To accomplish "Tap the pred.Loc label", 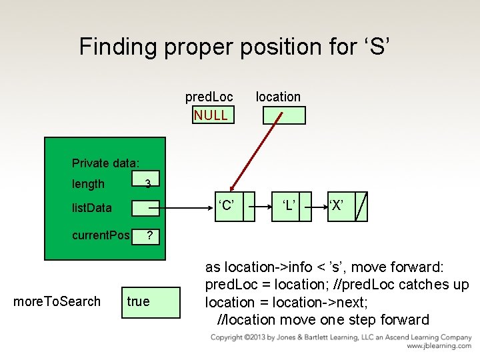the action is [x=209, y=97].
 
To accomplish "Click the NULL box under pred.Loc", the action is [x=211, y=115].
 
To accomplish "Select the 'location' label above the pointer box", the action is [x=278, y=97].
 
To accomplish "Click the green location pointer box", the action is [x=283, y=115].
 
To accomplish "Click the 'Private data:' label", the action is [x=105, y=163].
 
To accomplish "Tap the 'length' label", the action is [x=88, y=184].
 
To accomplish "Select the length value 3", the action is [x=149, y=183].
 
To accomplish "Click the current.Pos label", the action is [x=101, y=236].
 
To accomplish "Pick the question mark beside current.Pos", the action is [x=150, y=236].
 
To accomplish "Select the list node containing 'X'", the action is [x=337, y=205].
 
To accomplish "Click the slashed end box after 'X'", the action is [x=361, y=205].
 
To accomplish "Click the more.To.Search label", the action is [x=57, y=301].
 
